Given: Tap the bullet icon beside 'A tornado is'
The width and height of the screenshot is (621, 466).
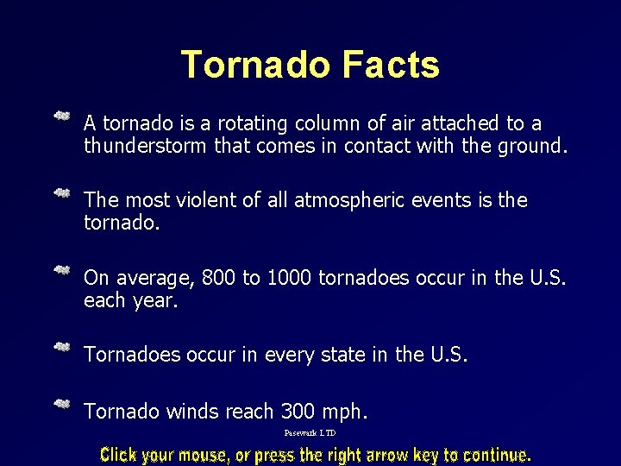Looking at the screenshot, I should pyautogui.click(x=62, y=116).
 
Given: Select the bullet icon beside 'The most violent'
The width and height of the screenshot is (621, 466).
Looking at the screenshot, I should pyautogui.click(x=62, y=192).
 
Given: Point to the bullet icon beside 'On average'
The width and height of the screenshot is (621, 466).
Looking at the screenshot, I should pyautogui.click(x=62, y=270).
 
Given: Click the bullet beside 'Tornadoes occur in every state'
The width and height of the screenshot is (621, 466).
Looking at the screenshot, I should pyautogui.click(x=62, y=347).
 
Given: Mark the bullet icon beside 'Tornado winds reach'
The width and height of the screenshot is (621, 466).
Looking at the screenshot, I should pyautogui.click(x=62, y=404).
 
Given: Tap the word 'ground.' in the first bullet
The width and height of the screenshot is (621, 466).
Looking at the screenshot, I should pyautogui.click(x=533, y=146).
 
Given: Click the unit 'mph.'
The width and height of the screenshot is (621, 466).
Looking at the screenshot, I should pyautogui.click(x=344, y=412).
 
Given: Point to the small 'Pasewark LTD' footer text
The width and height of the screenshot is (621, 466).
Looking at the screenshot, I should pyautogui.click(x=310, y=433).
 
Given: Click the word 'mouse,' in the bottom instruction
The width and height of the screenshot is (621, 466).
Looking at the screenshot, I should pyautogui.click(x=204, y=455).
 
